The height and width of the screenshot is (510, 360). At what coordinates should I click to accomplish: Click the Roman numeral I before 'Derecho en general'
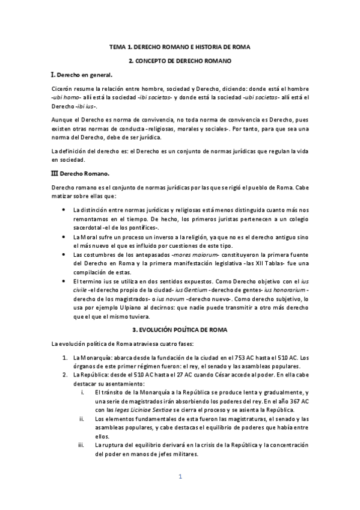pyautogui.click(x=53, y=76)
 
